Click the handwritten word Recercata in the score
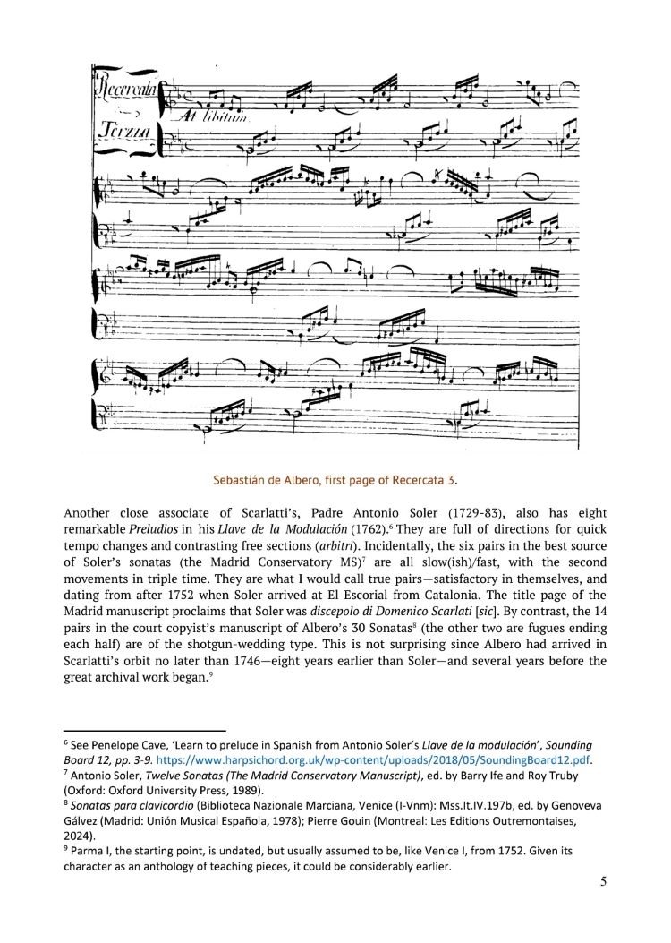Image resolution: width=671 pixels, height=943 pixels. tap(124, 90)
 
